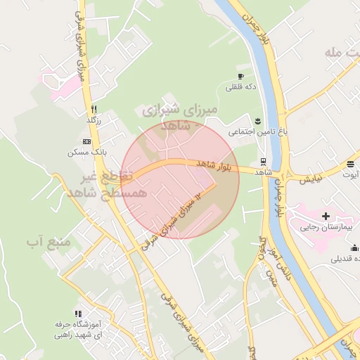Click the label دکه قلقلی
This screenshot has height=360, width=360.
pos(240,88)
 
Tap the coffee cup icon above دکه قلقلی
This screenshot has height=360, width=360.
pos(240,76)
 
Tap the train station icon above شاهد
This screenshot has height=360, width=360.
pos(263,161)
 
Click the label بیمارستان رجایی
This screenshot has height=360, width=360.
pos(325,227)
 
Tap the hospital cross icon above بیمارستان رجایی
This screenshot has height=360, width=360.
pos(325,215)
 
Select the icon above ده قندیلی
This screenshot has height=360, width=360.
pos(354,247)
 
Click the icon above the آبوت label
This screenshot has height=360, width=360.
pos(350,165)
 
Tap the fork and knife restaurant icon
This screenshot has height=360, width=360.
pos(94,110)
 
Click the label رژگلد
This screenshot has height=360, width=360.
pos(94,121)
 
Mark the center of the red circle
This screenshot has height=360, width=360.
pos(180,180)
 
